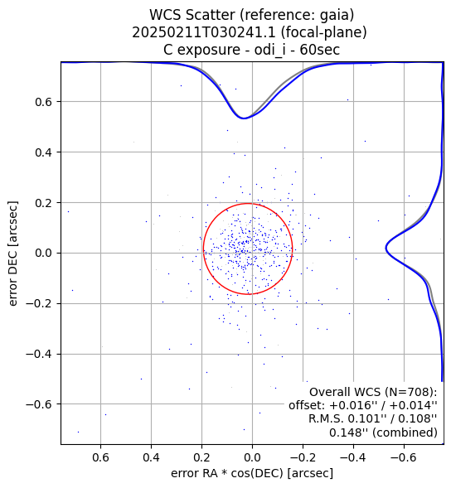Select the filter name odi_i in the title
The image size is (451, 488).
pos(269,50)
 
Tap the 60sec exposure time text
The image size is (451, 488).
pos(319,50)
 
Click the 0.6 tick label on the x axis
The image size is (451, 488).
pos(100,457)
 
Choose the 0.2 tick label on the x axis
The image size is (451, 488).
pos(201,457)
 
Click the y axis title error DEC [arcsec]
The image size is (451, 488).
pos(13,254)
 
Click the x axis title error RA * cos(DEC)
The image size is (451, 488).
pos(228,473)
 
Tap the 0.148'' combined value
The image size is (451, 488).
pos(348,432)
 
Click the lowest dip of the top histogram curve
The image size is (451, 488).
pos(244,118)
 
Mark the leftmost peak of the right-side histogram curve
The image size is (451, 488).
pos(386,249)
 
